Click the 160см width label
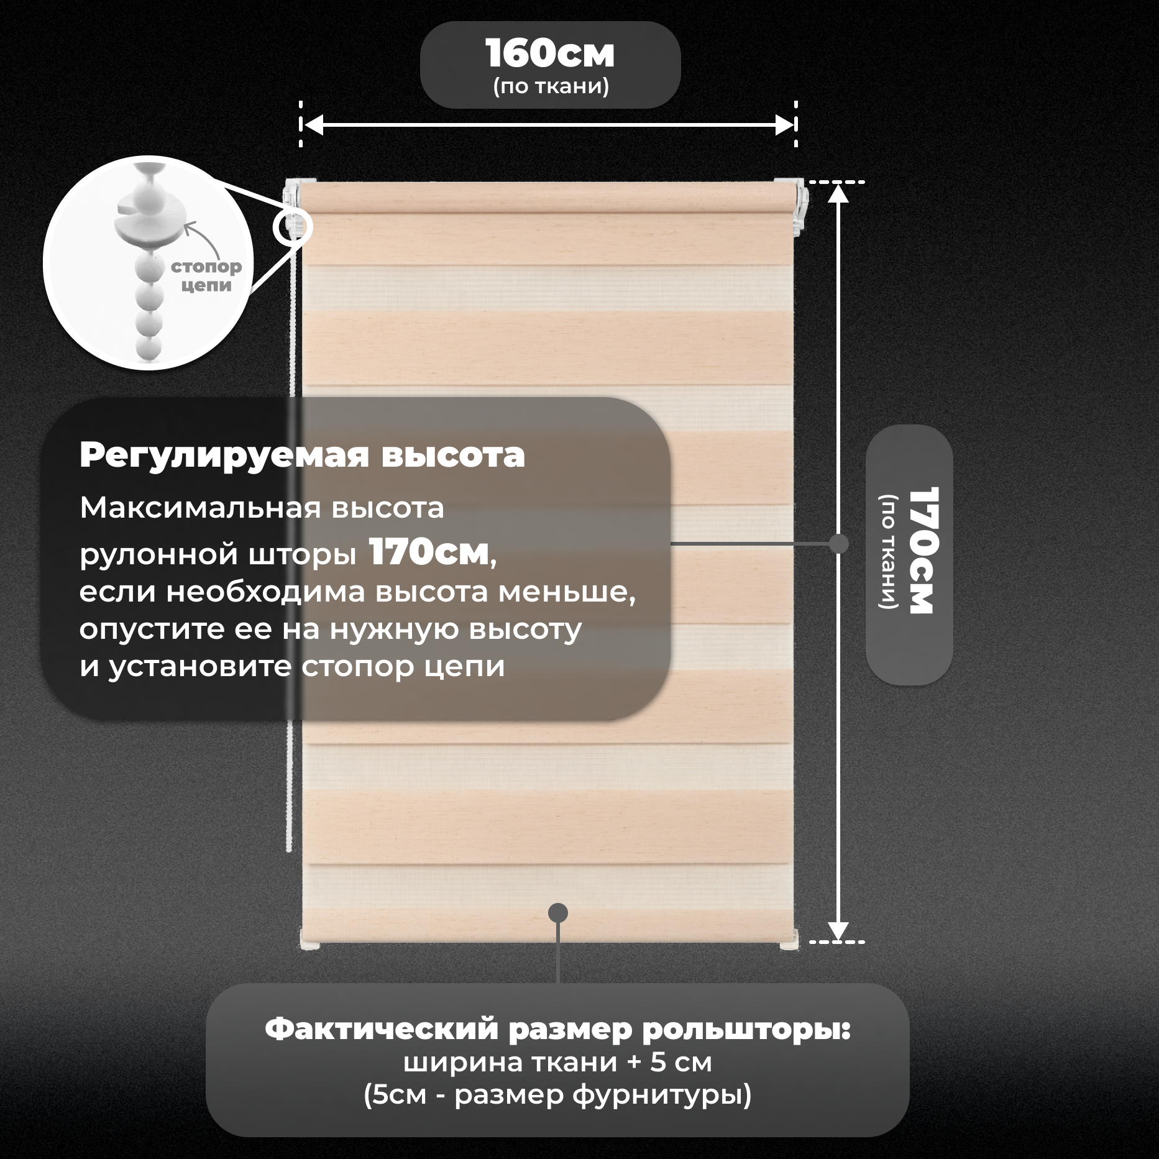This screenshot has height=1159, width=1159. pyautogui.click(x=550, y=54)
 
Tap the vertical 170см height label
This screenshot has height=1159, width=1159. pyautogui.click(x=923, y=551)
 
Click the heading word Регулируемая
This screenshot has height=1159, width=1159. pyautogui.click(x=224, y=456)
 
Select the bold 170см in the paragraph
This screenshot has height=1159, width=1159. pyautogui.click(x=429, y=552)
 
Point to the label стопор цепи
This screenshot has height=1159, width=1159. pyautogui.click(x=206, y=275)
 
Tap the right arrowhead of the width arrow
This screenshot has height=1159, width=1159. pyautogui.click(x=786, y=125)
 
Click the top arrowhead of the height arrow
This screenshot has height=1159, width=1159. pyautogui.click(x=838, y=194)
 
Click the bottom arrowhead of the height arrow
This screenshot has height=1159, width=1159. pyautogui.click(x=838, y=930)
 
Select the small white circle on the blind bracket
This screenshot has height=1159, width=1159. pyautogui.click(x=292, y=227)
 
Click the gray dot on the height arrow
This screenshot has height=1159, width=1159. pyautogui.click(x=838, y=544)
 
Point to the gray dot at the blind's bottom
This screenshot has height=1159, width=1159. pyautogui.click(x=558, y=912)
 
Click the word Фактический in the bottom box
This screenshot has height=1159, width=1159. pyautogui.click(x=382, y=1030)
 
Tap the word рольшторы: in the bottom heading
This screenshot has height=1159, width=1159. pyautogui.click(x=746, y=1030)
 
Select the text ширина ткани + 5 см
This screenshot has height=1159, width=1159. pyautogui.click(x=557, y=1063)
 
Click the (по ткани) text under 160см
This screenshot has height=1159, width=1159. pyautogui.click(x=551, y=86)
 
